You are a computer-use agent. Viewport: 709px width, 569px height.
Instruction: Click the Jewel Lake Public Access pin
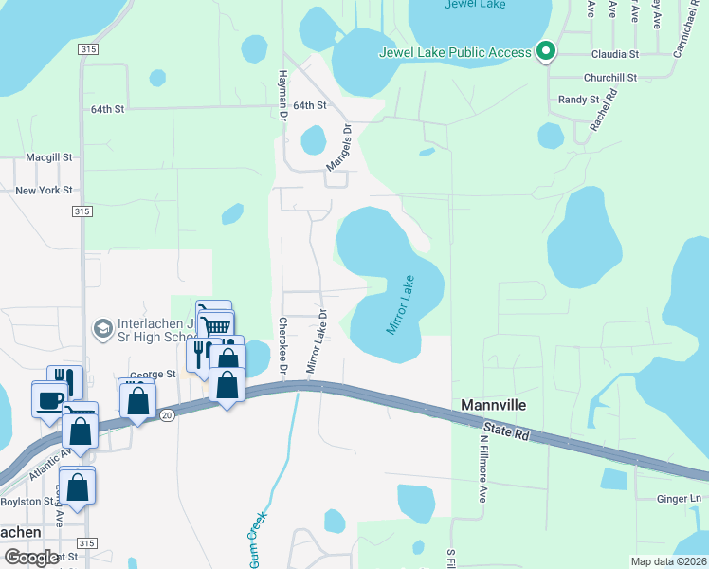546,52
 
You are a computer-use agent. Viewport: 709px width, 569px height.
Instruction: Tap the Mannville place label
493,405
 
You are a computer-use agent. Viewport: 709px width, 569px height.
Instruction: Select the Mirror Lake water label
400,304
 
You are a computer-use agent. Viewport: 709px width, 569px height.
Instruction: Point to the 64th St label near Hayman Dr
309,106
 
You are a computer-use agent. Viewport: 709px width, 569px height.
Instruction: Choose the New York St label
45,191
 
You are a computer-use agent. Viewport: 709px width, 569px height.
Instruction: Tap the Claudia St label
616,54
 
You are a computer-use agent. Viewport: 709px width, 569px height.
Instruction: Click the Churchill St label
611,78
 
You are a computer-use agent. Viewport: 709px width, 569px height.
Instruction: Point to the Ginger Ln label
682,498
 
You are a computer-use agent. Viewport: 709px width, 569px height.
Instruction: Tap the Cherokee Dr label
282,339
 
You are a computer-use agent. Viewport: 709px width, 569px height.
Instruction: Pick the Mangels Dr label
339,149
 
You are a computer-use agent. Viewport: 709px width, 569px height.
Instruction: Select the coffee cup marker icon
49,399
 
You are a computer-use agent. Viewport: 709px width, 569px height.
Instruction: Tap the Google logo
31,559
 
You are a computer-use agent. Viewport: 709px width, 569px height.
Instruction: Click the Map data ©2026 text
668,561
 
